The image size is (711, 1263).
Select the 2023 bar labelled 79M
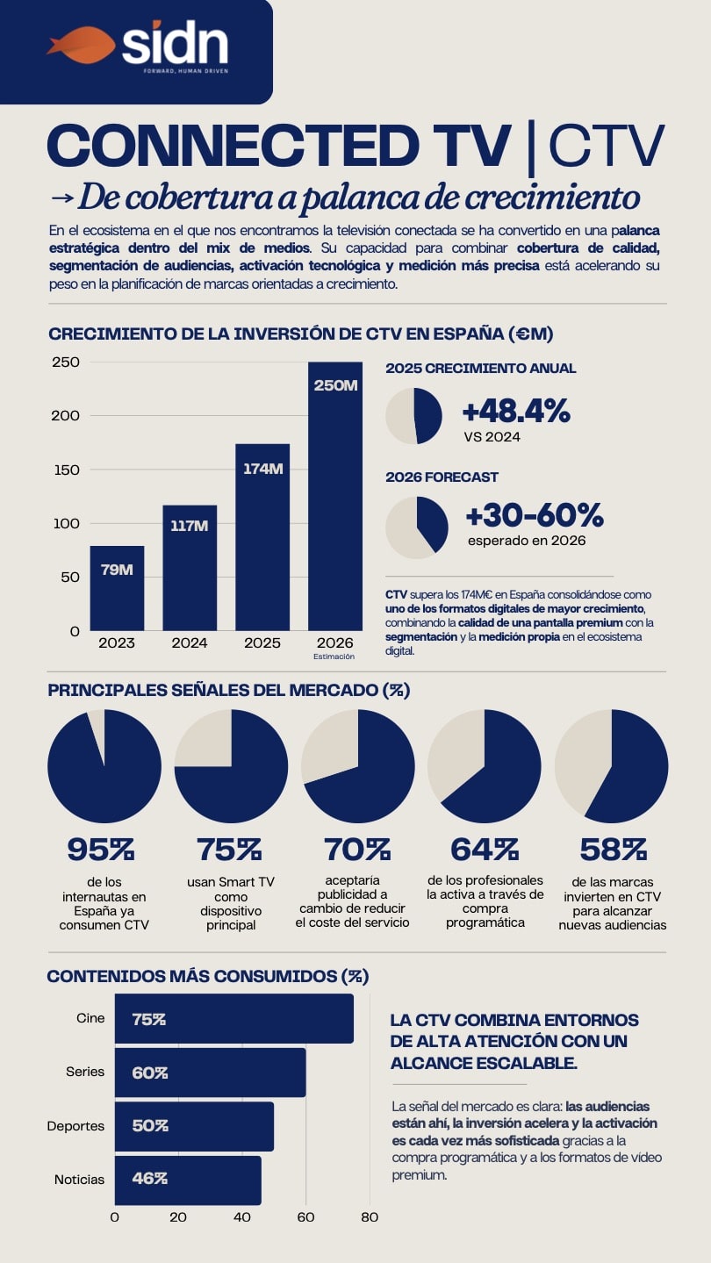(x=117, y=588)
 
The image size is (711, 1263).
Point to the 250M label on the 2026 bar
(x=335, y=384)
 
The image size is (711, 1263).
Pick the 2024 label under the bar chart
(x=190, y=643)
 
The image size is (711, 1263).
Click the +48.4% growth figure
(x=518, y=410)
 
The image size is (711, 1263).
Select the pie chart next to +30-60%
(x=417, y=527)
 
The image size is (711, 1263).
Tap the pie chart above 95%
(x=104, y=766)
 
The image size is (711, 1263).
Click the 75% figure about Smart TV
(x=230, y=850)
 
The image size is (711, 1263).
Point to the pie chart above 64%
(x=484, y=766)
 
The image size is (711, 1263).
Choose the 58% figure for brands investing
(x=613, y=850)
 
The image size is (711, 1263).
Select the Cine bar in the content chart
(x=233, y=1019)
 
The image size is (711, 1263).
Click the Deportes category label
(x=75, y=1126)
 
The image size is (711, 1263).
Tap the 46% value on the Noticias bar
(x=149, y=1179)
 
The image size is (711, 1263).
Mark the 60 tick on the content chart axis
(x=305, y=1217)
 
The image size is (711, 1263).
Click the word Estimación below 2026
(x=334, y=656)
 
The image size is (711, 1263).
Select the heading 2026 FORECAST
(x=442, y=477)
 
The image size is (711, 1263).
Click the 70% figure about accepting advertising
(x=357, y=850)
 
